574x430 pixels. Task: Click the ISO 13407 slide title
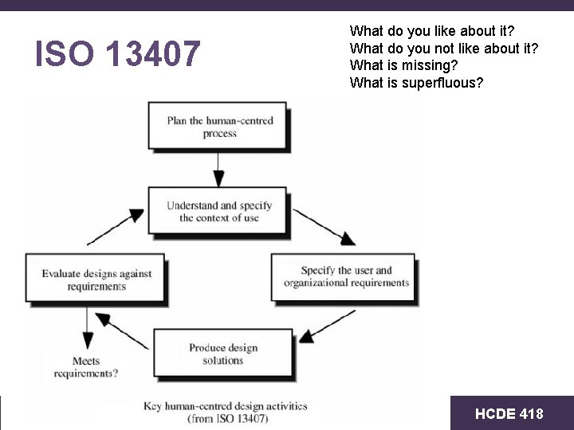click(x=118, y=54)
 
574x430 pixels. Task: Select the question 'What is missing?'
click(x=403, y=66)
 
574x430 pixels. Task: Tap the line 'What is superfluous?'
click(x=416, y=83)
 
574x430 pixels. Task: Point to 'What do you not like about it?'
click(x=444, y=49)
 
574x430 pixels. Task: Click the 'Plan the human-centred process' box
click(x=218, y=127)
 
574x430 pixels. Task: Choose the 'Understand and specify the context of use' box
click(x=218, y=211)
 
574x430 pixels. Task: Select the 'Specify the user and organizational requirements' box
click(x=345, y=276)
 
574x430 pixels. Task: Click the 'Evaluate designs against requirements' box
click(x=96, y=279)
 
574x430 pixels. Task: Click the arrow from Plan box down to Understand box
click(x=218, y=169)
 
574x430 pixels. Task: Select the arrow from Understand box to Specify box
click(x=325, y=226)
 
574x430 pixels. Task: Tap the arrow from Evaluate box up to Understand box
click(x=115, y=226)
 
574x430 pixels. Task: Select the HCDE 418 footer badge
click(x=509, y=413)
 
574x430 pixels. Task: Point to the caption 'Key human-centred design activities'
click(x=226, y=405)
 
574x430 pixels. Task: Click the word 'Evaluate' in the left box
click(x=62, y=274)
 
